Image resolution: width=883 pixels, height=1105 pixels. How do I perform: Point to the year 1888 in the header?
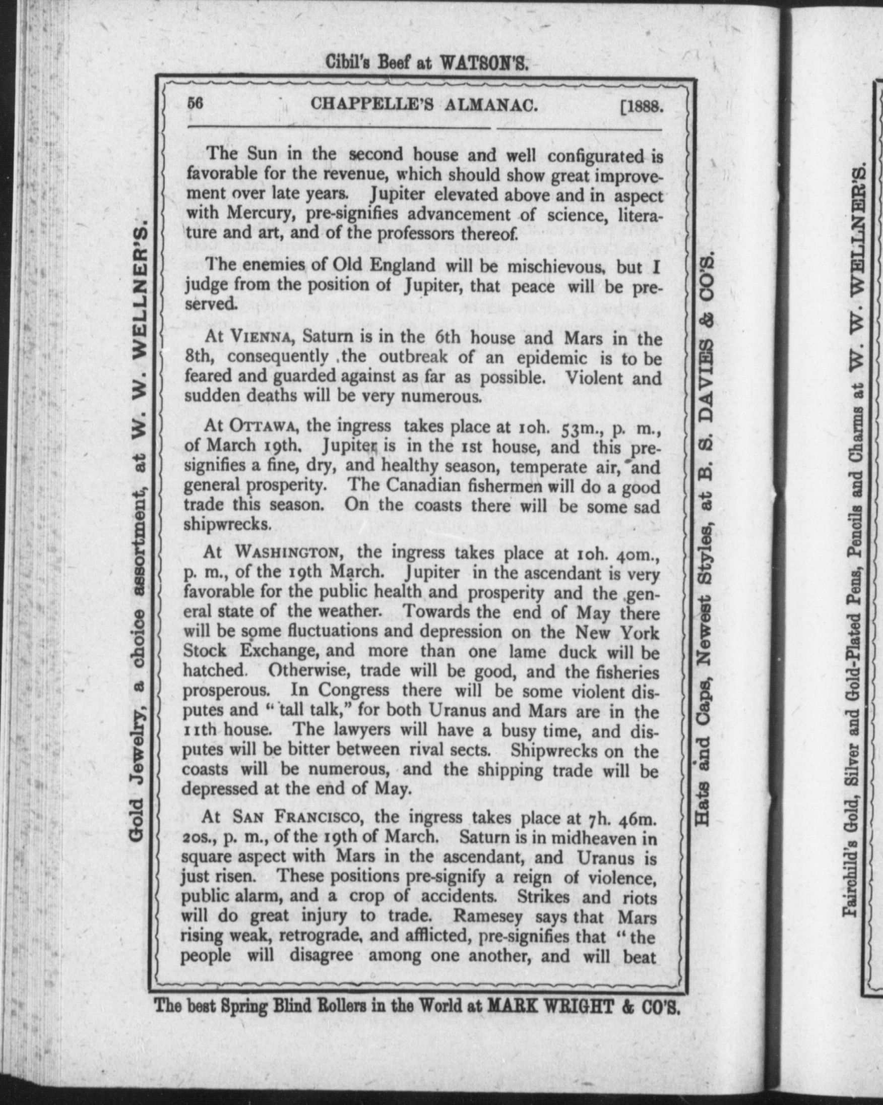(644, 106)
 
